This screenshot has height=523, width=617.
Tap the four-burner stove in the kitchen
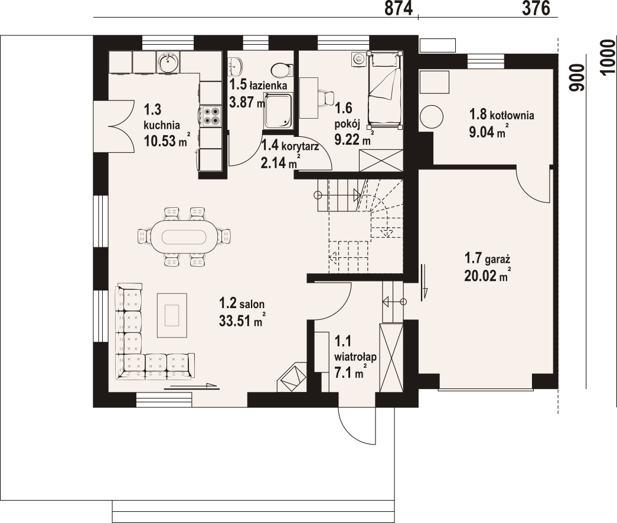point(211,116)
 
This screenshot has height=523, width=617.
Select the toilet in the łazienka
point(282,70)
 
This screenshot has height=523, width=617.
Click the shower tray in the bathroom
point(278,111)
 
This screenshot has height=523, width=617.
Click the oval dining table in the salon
point(184,237)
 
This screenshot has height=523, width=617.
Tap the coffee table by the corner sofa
point(172,315)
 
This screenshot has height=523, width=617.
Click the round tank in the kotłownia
point(431,116)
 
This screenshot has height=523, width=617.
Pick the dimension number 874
point(398,9)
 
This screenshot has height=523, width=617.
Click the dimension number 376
point(536,9)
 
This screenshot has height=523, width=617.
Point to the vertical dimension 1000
point(608,56)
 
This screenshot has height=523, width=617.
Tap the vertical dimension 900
point(577,77)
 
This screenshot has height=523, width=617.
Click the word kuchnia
point(162,125)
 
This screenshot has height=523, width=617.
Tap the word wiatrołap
point(355,357)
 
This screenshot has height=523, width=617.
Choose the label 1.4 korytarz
point(290,146)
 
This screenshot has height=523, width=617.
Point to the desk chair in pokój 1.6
point(327,97)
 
